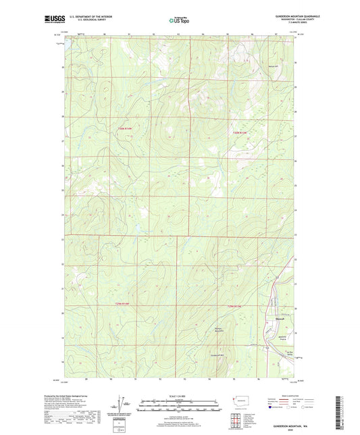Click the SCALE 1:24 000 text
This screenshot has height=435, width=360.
click(180, 395)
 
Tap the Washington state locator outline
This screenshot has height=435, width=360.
click(244, 400)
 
